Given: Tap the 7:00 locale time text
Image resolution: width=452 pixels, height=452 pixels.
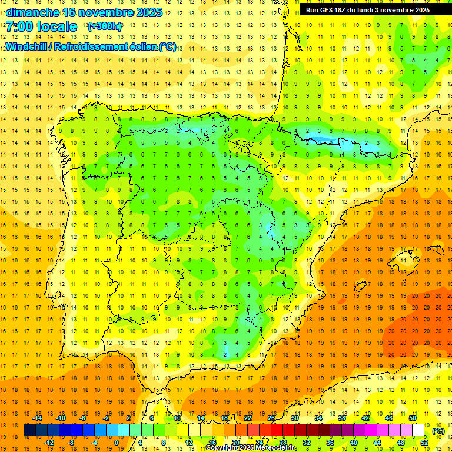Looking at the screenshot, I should click(41, 26).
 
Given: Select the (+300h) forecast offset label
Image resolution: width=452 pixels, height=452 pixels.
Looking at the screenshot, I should click(105, 26).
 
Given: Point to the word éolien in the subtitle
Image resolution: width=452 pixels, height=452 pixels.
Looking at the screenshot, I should click(139, 46).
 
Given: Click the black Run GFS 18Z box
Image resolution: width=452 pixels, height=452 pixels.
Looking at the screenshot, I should click(367, 10).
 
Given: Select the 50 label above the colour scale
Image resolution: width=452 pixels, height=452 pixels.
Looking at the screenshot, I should click(413, 418).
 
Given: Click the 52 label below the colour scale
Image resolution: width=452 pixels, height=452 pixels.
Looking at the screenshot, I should click(424, 443).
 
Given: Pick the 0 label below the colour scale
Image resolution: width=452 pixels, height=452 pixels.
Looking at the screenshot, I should click(117, 443).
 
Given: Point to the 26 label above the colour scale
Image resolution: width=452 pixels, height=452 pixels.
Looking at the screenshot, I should click(271, 418).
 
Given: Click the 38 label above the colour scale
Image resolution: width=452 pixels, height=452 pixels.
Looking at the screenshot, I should click(342, 418).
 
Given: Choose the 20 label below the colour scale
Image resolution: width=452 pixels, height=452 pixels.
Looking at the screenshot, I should click(236, 443).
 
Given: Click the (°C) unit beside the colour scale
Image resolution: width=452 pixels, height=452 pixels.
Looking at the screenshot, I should click(438, 431).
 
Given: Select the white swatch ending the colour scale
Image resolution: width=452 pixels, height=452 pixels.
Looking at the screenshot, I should click(418, 430).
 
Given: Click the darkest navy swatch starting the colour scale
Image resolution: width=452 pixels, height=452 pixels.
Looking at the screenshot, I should click(30, 430).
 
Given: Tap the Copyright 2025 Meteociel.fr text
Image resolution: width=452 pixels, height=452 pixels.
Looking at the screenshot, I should click(251, 448).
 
